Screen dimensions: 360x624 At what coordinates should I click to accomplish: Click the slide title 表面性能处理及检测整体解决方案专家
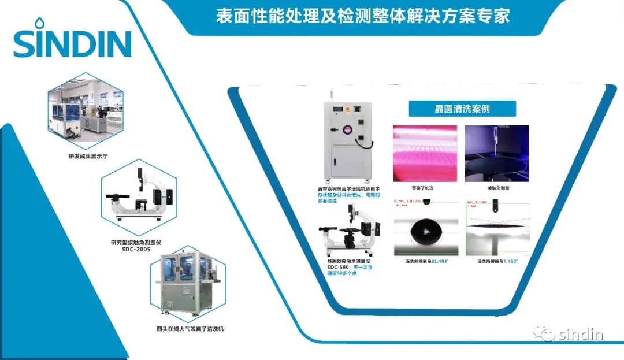[363, 16]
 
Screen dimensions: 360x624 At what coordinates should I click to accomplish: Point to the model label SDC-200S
[136, 250]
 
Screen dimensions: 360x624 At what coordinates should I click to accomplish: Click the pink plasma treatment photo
[425, 153]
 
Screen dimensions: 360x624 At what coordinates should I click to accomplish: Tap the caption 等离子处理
[422, 188]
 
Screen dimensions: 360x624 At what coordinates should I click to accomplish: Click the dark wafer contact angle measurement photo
[497, 153]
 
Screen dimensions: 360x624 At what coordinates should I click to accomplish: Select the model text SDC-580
[337, 267]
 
